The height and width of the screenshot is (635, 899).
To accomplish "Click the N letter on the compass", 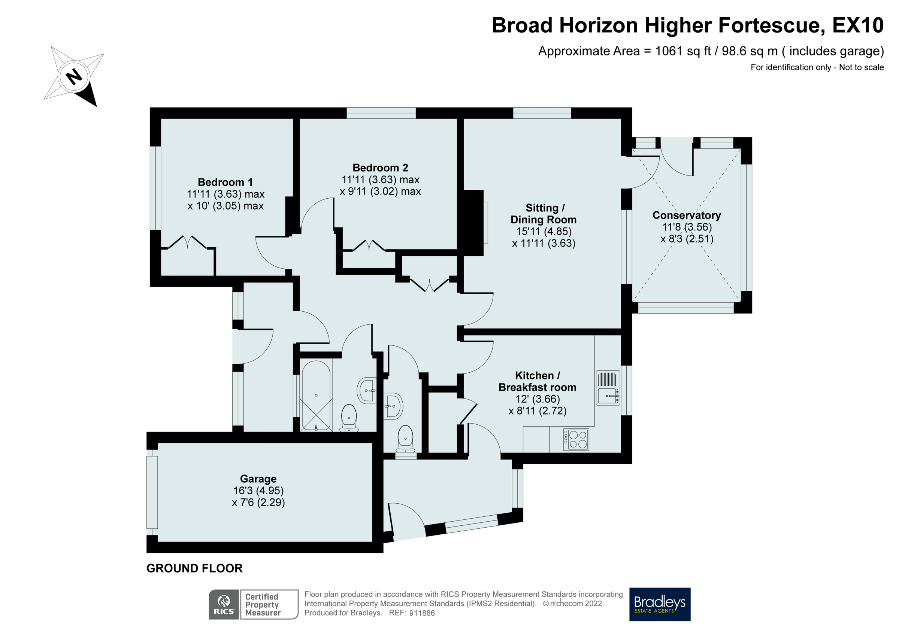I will tap(74, 76).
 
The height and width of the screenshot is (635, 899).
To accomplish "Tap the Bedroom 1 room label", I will tap(225, 182).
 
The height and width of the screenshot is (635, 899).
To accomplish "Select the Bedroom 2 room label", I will tap(380, 168).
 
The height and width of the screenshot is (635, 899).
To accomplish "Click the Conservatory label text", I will tap(686, 215).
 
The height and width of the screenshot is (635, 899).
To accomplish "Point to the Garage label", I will tap(258, 479).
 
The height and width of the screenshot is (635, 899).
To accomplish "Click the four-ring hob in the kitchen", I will tap(576, 439).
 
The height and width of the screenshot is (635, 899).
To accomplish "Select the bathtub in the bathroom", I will tap(316, 395).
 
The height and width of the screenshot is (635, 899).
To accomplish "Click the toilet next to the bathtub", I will tap(348, 418).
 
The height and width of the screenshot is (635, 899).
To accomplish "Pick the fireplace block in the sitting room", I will tap(473, 223).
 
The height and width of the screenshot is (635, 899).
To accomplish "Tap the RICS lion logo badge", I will tap(224, 604).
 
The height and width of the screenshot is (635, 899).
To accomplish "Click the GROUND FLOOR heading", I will tap(194, 568).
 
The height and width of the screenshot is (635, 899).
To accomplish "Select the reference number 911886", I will tap(422, 613).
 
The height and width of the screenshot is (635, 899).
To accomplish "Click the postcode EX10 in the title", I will tap(857, 25).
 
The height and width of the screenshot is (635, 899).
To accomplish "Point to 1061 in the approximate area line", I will tap(668, 51).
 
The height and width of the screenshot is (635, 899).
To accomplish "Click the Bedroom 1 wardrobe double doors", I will tap(188, 242).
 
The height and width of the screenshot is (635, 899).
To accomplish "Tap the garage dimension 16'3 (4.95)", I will tap(258, 491).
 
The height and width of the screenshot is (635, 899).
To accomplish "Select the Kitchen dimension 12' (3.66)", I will tap(537, 399).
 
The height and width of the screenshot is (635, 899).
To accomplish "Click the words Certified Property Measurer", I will tap(262, 604).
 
